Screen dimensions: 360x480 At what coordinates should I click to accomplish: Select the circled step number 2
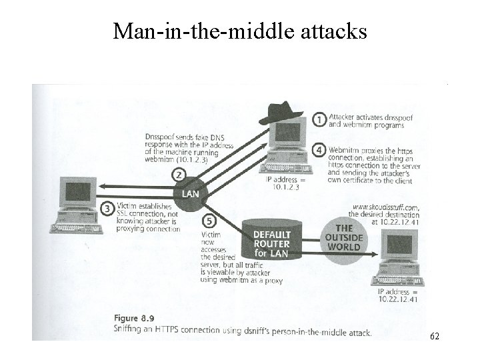(177, 175)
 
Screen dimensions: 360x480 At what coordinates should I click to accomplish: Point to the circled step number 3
(107, 209)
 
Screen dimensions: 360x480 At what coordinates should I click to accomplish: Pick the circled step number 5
(209, 220)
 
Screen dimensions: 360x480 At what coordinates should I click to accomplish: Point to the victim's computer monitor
(75, 194)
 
